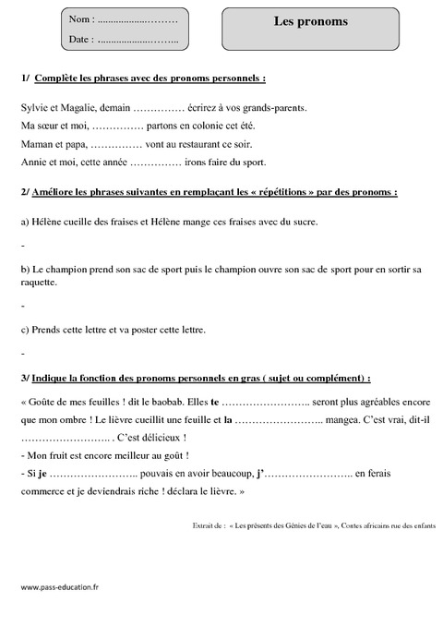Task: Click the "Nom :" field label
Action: coord(80,19)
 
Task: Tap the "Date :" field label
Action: coord(80,40)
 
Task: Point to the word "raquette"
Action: coord(39,284)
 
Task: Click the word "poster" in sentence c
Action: coord(156,330)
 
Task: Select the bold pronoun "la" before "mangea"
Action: coord(226,420)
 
